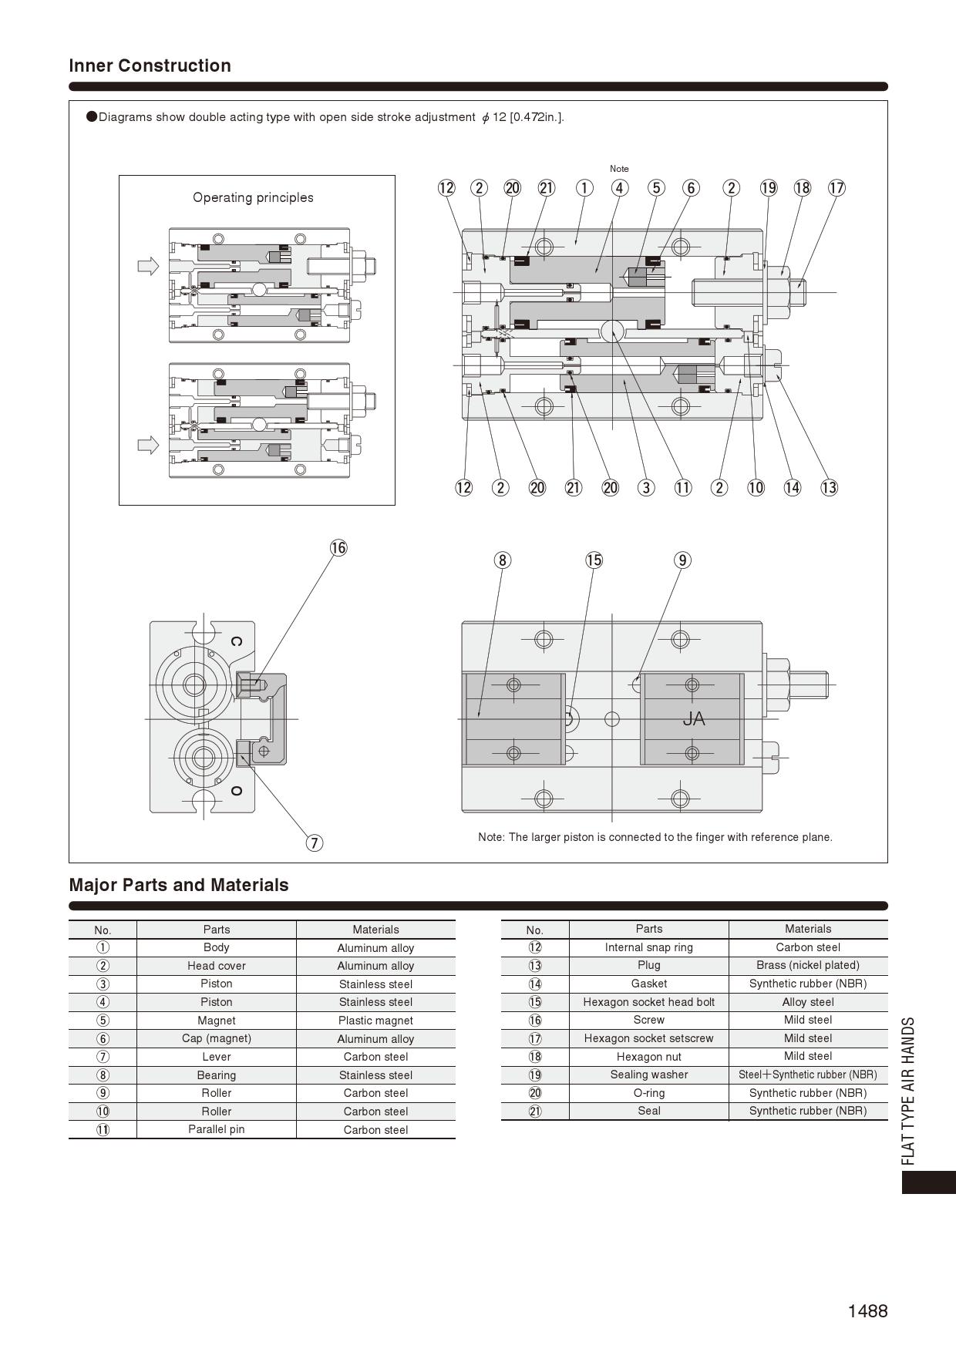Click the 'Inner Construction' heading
pos(150,66)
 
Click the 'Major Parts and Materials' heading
pos(179,885)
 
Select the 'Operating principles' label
pos(253,197)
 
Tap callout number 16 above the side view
pos(338,548)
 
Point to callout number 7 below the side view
pos(314,842)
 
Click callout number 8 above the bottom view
pos(503,560)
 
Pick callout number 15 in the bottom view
pos(594,560)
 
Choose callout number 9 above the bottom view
pos(682,560)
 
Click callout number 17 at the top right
pos(836,188)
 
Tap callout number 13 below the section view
pos(829,487)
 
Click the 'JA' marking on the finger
pos(694,719)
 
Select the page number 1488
pos(867,1311)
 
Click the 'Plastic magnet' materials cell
pos(375,1021)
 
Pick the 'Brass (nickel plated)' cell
pos(807,965)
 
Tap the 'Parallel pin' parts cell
pos(216,1129)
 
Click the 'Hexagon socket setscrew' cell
pos(648,1038)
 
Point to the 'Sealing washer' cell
pos(648,1075)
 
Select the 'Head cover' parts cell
pos(216,966)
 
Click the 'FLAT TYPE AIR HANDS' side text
pos(909,1091)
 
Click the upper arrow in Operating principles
pos(148,266)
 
